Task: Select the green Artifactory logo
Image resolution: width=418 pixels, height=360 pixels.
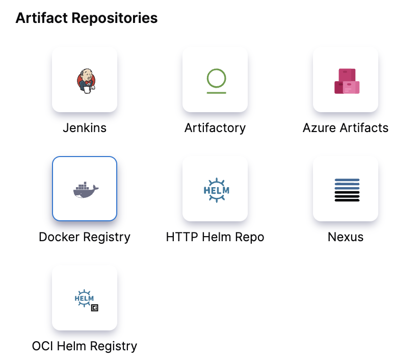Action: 216,81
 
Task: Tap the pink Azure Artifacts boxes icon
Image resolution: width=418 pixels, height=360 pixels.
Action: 346,81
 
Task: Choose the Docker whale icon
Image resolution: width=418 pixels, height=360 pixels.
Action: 85,189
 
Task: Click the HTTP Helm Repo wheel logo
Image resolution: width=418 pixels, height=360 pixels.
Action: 216,190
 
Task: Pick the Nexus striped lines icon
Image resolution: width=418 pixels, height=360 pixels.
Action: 347,190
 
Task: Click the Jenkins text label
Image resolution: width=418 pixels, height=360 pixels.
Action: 85,127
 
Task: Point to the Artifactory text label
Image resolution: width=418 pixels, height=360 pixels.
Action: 215,127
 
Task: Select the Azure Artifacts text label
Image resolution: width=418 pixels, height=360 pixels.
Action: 346,127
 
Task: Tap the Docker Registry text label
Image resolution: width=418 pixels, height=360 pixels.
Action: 85,237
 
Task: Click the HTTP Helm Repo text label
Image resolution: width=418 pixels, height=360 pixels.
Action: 215,237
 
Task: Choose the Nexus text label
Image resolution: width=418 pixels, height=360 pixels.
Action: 346,237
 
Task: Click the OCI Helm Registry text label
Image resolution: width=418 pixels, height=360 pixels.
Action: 85,346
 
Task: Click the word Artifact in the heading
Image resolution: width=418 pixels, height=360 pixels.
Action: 41,18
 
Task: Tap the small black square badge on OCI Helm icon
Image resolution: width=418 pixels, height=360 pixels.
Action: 94,308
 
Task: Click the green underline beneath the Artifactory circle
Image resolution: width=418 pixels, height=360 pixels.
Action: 216,93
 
